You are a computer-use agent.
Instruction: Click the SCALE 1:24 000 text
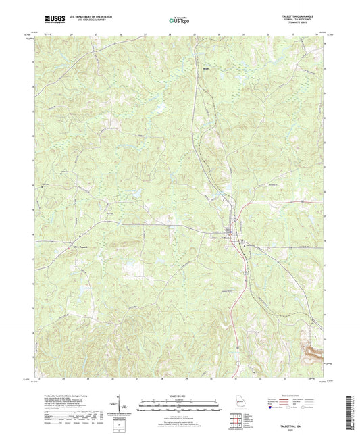coord(178,396)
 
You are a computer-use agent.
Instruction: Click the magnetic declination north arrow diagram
coord(126,407)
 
